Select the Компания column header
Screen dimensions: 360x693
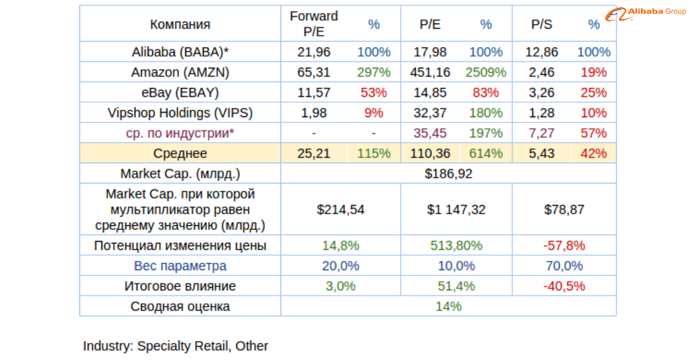click(x=180, y=25)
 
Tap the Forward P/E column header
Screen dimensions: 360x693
click(x=314, y=25)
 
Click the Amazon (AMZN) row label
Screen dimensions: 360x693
click(x=180, y=72)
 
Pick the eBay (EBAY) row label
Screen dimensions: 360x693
click(x=180, y=92)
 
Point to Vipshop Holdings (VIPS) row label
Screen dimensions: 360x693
click(x=180, y=113)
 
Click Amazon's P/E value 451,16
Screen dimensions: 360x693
click(x=429, y=72)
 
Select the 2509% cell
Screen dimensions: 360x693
click(x=486, y=72)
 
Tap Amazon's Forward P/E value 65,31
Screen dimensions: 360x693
click(x=314, y=72)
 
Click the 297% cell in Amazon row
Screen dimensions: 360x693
click(x=374, y=72)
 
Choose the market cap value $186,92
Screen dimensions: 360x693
click(x=448, y=174)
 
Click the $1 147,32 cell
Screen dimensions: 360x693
click(x=456, y=210)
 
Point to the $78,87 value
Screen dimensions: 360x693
click(x=564, y=210)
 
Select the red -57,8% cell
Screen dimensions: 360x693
click(x=564, y=246)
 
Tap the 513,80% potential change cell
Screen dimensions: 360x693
click(x=456, y=246)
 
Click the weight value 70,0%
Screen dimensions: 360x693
click(x=564, y=266)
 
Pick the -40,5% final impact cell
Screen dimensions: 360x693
click(x=564, y=286)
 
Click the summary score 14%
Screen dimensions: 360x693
click(x=448, y=306)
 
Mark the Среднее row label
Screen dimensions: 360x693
click(x=180, y=154)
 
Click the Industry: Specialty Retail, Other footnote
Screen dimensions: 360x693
click(x=176, y=346)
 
